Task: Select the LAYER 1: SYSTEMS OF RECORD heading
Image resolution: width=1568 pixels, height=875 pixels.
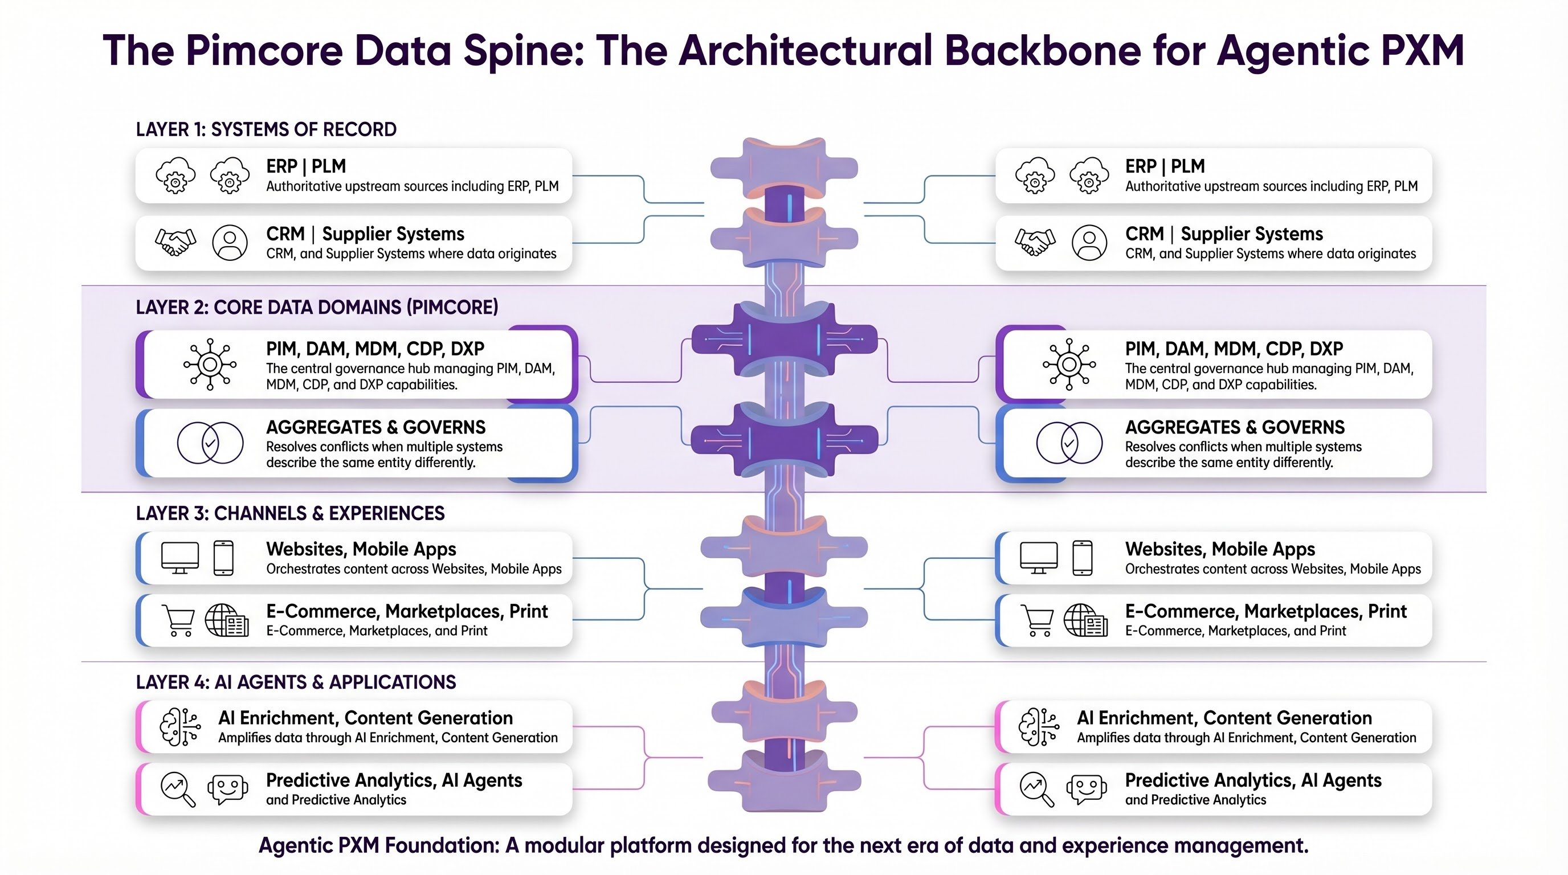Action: [x=266, y=130]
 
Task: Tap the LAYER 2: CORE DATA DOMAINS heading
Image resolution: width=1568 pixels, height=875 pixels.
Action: [x=317, y=307]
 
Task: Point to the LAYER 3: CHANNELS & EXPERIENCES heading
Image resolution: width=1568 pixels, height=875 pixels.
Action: [x=290, y=514]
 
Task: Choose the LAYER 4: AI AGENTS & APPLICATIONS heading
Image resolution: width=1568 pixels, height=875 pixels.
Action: [x=295, y=682]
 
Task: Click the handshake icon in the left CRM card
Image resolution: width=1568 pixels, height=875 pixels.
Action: [x=175, y=242]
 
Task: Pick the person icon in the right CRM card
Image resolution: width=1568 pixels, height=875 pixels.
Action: [x=1089, y=243]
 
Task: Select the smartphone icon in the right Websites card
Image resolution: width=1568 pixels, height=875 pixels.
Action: [x=1082, y=557]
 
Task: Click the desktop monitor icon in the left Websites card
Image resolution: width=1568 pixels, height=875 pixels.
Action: [x=179, y=557]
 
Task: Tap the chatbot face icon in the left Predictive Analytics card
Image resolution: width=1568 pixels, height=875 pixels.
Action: [x=228, y=788]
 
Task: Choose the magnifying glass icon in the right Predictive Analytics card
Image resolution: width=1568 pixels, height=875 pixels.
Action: [x=1036, y=789]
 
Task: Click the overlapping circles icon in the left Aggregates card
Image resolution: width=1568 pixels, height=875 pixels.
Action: [x=210, y=443]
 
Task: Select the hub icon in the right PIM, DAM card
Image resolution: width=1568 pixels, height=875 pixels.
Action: [x=1069, y=365]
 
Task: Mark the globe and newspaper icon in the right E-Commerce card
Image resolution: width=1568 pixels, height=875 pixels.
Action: [x=1085, y=620]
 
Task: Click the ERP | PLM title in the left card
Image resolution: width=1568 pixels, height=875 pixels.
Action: [x=305, y=166]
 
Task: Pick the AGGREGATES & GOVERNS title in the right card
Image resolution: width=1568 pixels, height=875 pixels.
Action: [x=1235, y=427]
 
